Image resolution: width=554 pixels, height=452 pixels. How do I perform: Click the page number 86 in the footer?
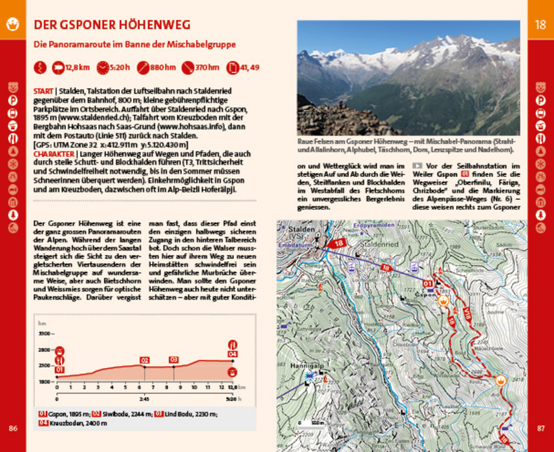tap(13, 427)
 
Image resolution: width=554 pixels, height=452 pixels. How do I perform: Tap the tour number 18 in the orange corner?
tap(540, 25)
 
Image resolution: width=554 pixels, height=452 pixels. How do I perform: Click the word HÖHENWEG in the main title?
tap(153, 25)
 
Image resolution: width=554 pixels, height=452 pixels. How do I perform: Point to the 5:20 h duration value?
tap(120, 67)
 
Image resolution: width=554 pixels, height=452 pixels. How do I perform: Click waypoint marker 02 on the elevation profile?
tap(145, 360)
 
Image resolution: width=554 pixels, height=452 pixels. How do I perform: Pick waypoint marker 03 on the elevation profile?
tap(174, 360)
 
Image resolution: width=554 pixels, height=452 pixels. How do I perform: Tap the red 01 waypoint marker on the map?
tap(427, 283)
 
